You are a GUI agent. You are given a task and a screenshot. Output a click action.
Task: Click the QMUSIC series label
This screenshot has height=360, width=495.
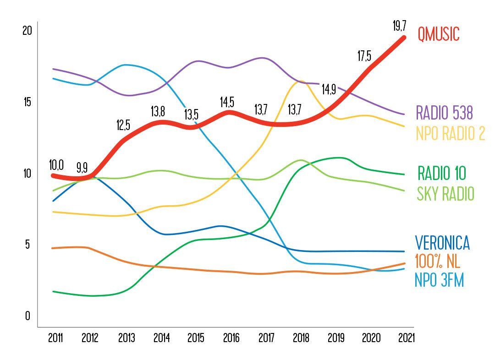[x=438, y=34]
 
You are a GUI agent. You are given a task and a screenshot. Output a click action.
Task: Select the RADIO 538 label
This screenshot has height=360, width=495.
[x=444, y=112]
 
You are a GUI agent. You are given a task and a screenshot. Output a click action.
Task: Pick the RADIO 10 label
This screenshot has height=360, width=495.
[x=441, y=174]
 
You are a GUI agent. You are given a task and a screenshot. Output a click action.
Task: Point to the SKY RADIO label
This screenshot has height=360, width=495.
[x=445, y=194]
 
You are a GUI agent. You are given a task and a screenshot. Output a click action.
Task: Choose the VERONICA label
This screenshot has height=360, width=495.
[x=442, y=242]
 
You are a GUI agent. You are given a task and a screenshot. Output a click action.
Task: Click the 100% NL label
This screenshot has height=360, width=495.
[x=437, y=261]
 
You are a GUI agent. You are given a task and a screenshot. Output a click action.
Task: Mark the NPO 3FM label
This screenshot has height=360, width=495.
[x=439, y=279]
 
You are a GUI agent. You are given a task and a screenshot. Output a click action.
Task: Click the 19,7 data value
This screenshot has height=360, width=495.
[x=399, y=26]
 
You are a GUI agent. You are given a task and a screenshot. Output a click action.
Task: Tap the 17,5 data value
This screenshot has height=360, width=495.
[x=364, y=56]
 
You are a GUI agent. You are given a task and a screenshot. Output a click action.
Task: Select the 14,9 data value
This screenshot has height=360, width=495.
[x=329, y=89]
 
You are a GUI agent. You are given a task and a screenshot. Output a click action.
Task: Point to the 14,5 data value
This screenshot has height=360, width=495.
[x=227, y=102]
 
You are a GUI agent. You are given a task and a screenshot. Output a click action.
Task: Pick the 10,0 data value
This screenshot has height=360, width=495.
[x=56, y=165]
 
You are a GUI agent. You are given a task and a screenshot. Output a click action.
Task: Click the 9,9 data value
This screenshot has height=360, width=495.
[x=82, y=168]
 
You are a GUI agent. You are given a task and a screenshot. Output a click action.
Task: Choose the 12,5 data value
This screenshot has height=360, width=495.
[x=123, y=125]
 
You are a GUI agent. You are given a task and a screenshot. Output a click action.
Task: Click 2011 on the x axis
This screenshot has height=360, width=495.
[x=55, y=338]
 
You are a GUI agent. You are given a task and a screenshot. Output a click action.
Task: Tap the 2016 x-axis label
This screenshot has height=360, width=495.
[x=231, y=338]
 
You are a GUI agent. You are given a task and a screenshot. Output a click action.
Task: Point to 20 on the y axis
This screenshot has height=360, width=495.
[x=27, y=31]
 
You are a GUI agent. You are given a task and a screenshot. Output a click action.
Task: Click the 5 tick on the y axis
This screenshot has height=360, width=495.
[x=27, y=244]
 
